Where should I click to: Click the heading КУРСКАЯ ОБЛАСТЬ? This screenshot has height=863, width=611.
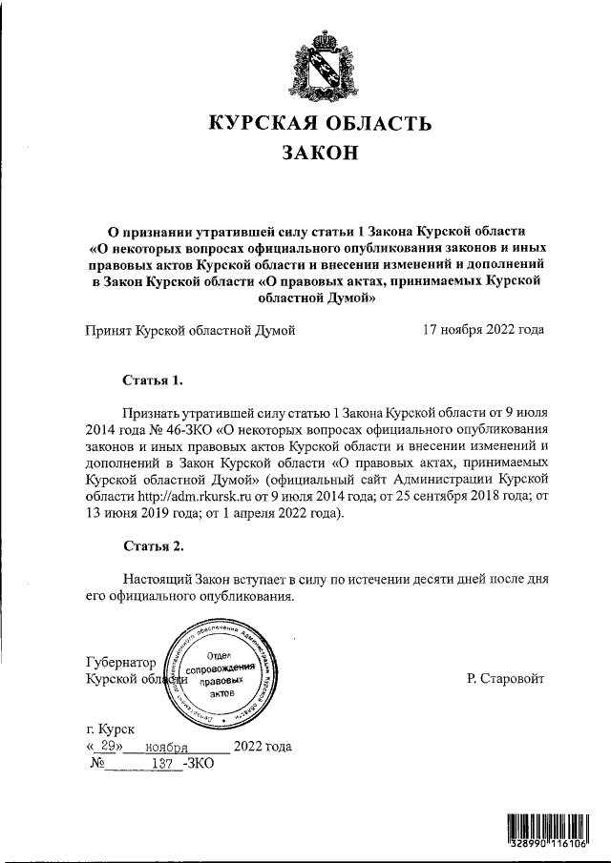[x=320, y=123]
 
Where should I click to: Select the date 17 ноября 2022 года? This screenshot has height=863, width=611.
[x=483, y=330]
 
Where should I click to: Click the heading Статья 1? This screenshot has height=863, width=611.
[x=152, y=380]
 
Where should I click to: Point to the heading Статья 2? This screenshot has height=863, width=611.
[x=152, y=546]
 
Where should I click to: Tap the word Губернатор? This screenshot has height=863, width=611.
[x=121, y=662]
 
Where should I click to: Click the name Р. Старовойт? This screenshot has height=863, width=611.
[x=506, y=678]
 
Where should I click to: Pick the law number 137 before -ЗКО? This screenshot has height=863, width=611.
[x=166, y=763]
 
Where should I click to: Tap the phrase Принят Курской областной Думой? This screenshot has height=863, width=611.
[x=190, y=330]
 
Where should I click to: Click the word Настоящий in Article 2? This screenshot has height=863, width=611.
[x=158, y=579]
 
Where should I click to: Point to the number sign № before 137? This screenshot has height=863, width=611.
[x=96, y=763]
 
